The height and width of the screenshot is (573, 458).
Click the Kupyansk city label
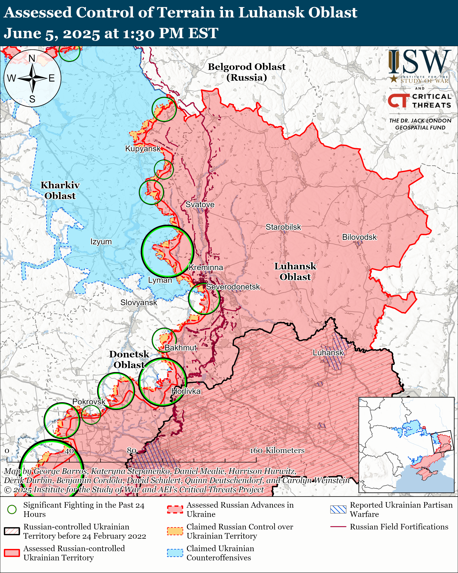143,149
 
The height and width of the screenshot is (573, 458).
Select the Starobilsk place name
283,227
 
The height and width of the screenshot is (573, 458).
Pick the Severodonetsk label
233,287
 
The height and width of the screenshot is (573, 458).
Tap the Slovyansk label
139,303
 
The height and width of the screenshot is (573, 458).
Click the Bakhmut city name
181,348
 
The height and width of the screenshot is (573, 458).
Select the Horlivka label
186,391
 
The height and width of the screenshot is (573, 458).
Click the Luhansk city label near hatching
328,353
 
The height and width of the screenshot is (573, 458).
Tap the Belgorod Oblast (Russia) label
246,72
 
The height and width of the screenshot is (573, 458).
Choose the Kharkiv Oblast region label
60,190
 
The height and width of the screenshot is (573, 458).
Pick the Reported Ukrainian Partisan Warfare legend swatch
338,509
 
